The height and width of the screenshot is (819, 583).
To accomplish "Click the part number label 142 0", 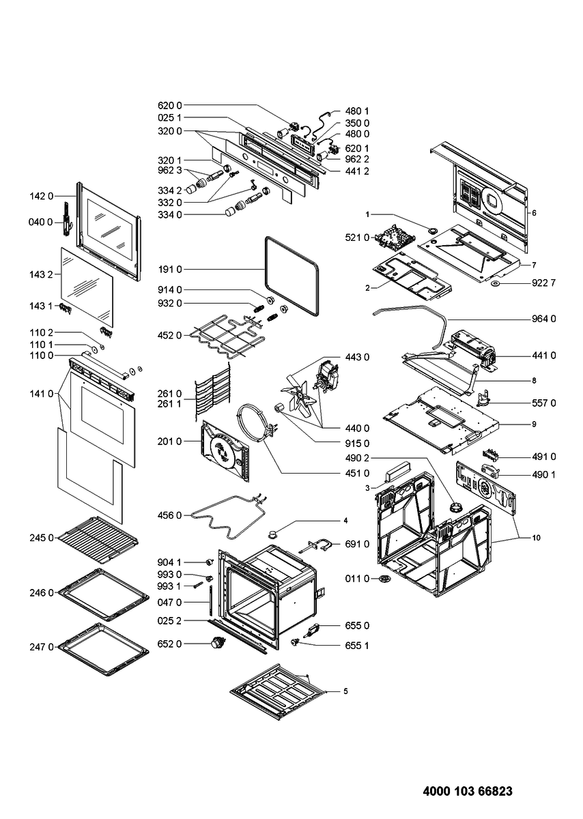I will (41, 195).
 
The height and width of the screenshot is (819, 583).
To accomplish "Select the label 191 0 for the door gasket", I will (169, 270).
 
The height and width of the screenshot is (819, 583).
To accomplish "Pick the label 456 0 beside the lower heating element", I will (169, 515).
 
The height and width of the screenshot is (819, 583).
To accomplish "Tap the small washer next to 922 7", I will (496, 282).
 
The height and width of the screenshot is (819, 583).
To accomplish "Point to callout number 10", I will (536, 538).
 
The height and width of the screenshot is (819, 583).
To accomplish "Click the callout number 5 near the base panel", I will (345, 691).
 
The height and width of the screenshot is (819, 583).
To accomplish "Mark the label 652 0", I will (169, 644).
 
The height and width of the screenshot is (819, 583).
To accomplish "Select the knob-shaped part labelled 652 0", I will (219, 642).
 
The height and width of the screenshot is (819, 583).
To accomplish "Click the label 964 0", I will (543, 319).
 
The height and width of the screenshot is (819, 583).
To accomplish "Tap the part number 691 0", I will (357, 544).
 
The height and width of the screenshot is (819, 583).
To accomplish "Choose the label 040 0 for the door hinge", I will (41, 222).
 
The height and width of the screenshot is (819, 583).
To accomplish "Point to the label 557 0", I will (543, 403).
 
